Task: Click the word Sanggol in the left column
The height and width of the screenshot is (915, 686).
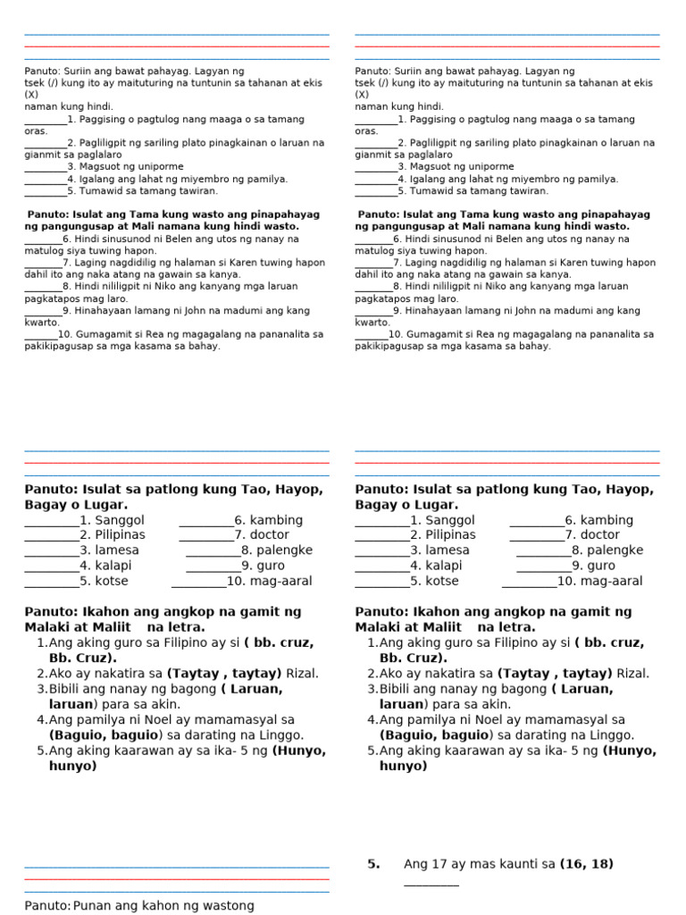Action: (120, 520)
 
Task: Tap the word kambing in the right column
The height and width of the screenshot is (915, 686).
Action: (611, 520)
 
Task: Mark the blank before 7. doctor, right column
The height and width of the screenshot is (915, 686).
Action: (536, 535)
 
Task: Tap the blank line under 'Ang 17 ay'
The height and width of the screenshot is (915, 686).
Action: (431, 883)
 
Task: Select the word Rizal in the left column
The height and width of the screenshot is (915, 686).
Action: (302, 673)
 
